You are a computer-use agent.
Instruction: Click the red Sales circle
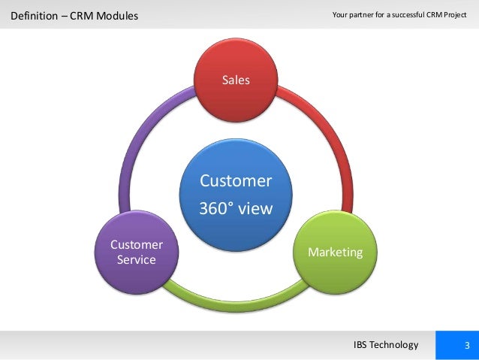click(235, 90)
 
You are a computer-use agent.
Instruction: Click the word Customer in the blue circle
click(235, 181)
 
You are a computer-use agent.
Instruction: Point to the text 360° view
click(235, 208)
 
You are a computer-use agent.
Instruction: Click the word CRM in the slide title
click(82, 15)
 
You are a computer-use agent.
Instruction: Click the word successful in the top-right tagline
click(408, 15)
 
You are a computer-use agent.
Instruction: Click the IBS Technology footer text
click(385, 345)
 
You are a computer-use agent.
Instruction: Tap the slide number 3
click(467, 345)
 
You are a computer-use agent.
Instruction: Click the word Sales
click(235, 80)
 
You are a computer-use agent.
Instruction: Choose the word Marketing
click(335, 252)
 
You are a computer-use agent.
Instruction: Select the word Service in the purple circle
click(137, 260)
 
